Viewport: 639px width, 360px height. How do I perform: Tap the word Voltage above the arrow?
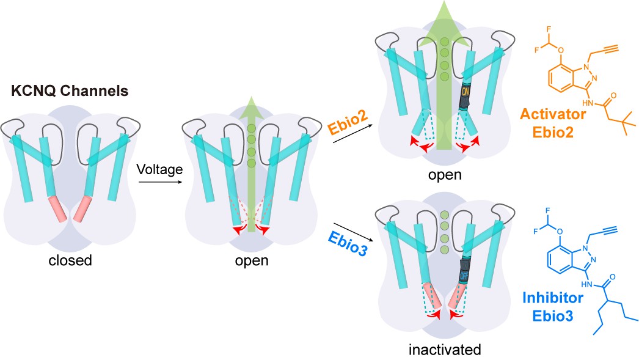point(159,169)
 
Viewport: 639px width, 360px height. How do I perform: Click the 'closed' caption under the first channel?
point(70,260)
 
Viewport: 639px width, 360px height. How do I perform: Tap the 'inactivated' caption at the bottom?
point(447,350)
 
